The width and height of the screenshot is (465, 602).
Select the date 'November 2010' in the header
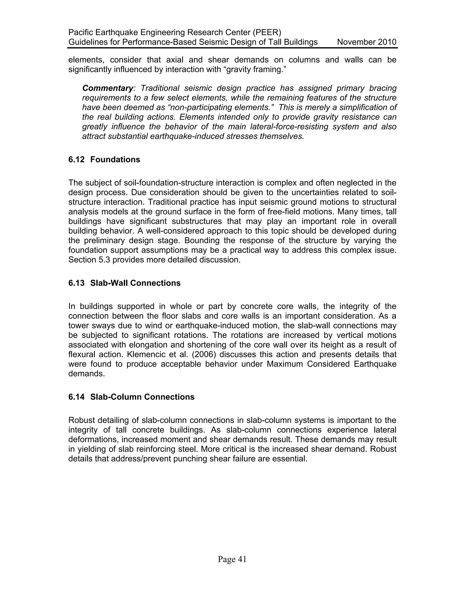(367, 42)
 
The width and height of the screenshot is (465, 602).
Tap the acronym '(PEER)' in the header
(267, 32)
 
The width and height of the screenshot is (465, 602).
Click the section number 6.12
(76, 160)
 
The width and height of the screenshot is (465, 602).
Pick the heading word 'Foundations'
(115, 160)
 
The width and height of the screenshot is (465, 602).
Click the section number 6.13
(76, 283)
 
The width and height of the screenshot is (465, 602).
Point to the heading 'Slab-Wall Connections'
(135, 283)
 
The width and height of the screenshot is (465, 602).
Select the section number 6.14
(76, 397)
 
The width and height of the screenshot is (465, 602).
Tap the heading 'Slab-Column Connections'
(142, 397)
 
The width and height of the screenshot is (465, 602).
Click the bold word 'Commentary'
(108, 88)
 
